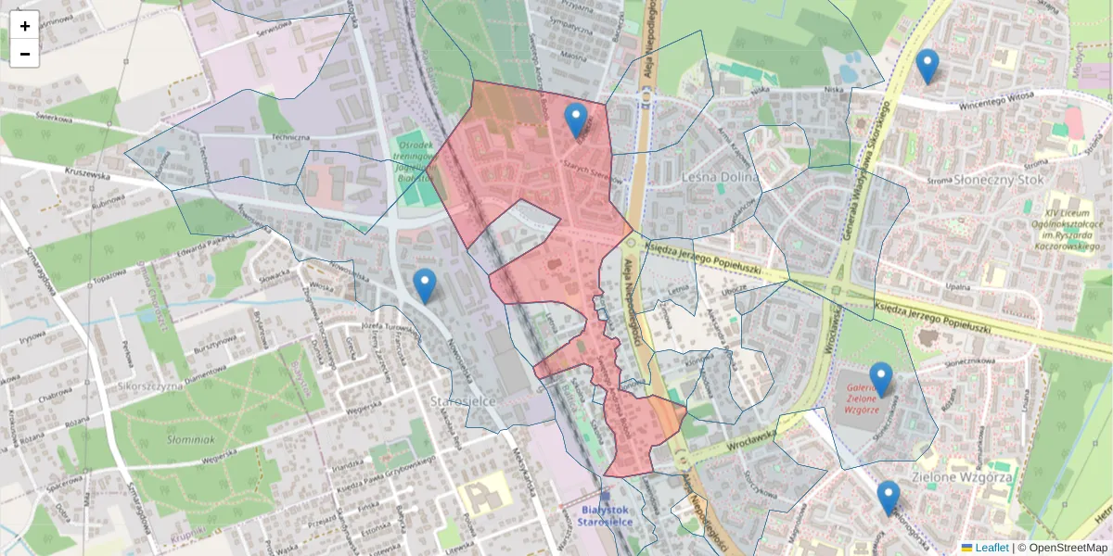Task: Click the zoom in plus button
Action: (x=24, y=26)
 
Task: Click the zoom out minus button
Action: (x=24, y=54)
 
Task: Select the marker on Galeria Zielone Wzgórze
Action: (x=880, y=379)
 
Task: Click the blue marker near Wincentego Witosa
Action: (x=927, y=66)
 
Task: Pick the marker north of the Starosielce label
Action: (x=425, y=285)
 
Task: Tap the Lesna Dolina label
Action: (x=720, y=177)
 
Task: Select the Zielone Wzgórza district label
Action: (x=961, y=477)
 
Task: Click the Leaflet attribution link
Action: (x=991, y=548)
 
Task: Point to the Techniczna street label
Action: (x=289, y=136)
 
